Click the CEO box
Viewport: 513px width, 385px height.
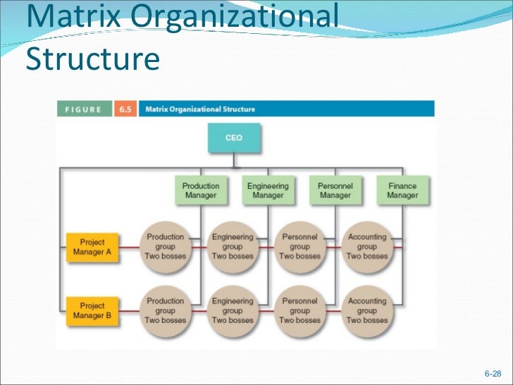(x=234, y=139)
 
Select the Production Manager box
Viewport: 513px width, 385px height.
(x=201, y=190)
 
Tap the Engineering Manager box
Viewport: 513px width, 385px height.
(x=268, y=190)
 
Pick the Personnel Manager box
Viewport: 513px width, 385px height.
(x=335, y=190)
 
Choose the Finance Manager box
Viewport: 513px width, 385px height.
(x=402, y=190)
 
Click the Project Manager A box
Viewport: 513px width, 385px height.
(x=92, y=246)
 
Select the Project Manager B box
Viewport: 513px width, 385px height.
(x=92, y=310)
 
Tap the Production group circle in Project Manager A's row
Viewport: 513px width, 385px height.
(x=165, y=246)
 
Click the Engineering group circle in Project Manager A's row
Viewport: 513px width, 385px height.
(x=233, y=246)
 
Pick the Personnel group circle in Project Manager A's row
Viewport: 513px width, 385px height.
(x=299, y=246)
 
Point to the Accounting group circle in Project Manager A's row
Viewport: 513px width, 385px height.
(x=366, y=246)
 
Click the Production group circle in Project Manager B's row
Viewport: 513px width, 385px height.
(x=165, y=310)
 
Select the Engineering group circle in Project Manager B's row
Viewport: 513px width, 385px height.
(x=233, y=310)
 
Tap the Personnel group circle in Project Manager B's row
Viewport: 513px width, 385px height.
(x=299, y=310)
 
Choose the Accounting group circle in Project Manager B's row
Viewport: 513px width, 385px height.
(x=366, y=310)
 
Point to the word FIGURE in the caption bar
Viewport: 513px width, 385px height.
(x=84, y=109)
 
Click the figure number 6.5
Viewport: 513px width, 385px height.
(x=125, y=109)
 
